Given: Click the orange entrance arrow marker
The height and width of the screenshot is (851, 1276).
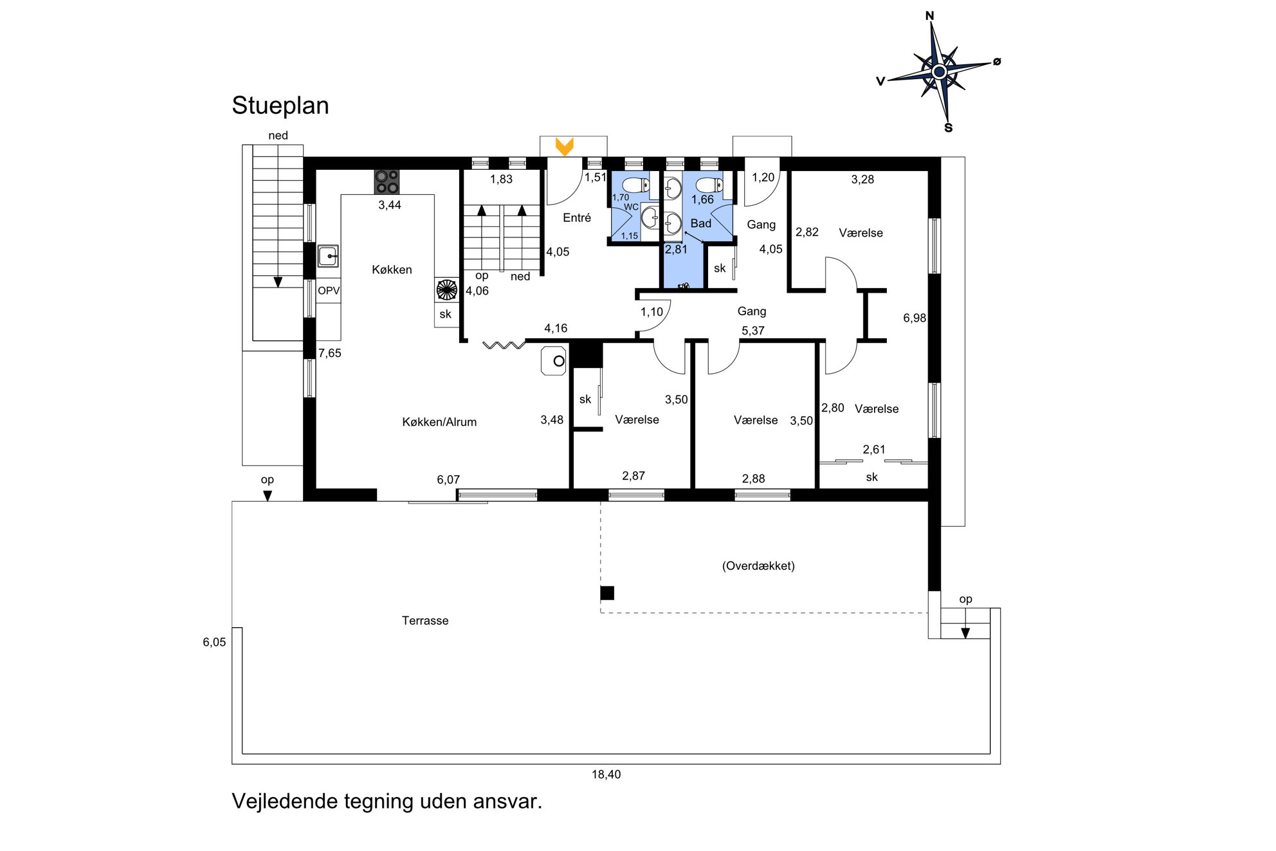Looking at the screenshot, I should (x=564, y=147).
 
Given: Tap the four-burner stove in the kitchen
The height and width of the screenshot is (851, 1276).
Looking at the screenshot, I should (x=387, y=182).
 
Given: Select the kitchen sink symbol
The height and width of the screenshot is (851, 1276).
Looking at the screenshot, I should (x=329, y=256).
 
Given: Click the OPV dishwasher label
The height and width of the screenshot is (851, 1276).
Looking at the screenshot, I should (x=329, y=291).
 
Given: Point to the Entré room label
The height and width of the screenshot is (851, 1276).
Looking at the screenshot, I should (x=577, y=218).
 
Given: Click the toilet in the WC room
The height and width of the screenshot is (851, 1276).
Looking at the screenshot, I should (x=635, y=185).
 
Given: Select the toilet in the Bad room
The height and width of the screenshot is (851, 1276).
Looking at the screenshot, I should (x=709, y=185).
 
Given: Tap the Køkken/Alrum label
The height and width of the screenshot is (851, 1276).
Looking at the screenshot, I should (x=439, y=422).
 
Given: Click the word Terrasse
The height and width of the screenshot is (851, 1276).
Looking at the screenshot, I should (x=425, y=621).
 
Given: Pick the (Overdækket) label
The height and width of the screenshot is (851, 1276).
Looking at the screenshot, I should (x=758, y=566).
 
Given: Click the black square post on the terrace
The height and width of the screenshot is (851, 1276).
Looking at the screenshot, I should (x=607, y=593).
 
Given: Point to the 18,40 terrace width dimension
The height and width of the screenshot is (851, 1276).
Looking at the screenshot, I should (x=606, y=774).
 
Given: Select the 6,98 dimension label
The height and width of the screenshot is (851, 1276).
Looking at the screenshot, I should (x=914, y=318).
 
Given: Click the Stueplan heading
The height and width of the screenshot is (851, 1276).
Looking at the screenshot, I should (x=280, y=105).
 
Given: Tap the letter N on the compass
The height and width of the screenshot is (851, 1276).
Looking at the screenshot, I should (x=929, y=16).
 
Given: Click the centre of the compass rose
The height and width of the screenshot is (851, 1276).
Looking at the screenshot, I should (x=939, y=71).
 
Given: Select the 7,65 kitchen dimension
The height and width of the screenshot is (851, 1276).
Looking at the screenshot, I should (x=330, y=353).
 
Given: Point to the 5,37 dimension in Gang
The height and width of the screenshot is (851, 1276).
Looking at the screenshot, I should (x=753, y=331).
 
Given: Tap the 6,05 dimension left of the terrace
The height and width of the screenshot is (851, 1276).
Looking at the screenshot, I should (x=214, y=642).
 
